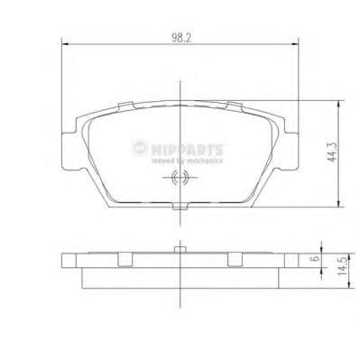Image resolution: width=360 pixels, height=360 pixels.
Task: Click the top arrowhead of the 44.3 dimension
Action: tap(337, 102)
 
